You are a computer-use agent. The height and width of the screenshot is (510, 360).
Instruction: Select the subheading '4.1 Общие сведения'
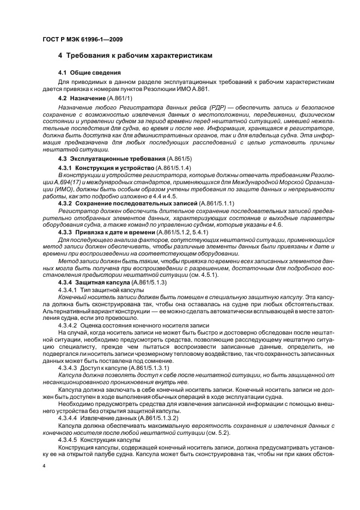click(89, 72)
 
